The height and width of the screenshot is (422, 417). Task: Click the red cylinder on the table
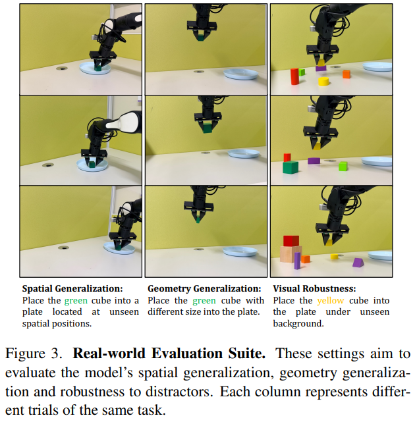(x=294, y=76)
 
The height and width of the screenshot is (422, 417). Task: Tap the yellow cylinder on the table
(x=323, y=82)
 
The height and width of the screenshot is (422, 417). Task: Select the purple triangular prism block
(x=358, y=263)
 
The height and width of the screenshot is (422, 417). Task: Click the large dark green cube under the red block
(x=290, y=167)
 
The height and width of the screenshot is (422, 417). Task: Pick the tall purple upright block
(x=297, y=260)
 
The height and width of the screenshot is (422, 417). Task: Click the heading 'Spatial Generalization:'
(x=72, y=288)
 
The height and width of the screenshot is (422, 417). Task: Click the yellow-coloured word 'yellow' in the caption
(x=330, y=300)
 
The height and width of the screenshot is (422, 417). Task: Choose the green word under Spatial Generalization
(x=75, y=300)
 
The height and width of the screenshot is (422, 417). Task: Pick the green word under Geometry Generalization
(x=204, y=300)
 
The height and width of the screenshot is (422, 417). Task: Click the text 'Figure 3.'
(x=34, y=354)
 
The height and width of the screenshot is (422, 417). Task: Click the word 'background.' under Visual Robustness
(x=297, y=324)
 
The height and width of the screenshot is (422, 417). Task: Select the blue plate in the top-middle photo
(x=240, y=74)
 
